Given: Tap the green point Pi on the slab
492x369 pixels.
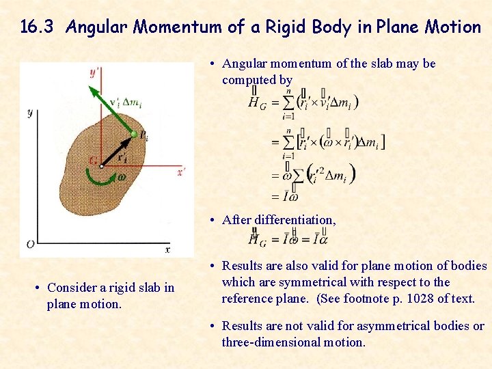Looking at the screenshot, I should [x=134, y=134].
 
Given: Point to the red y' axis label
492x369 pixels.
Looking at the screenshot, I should [x=94, y=72].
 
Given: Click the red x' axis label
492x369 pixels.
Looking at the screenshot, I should [x=180, y=172].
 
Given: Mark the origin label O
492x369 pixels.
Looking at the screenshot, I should [x=30, y=244].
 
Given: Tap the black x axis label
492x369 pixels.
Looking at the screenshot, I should [x=167, y=249].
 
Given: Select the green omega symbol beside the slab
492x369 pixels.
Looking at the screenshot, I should [x=122, y=176].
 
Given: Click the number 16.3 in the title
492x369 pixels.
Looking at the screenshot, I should [x=40, y=27].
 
